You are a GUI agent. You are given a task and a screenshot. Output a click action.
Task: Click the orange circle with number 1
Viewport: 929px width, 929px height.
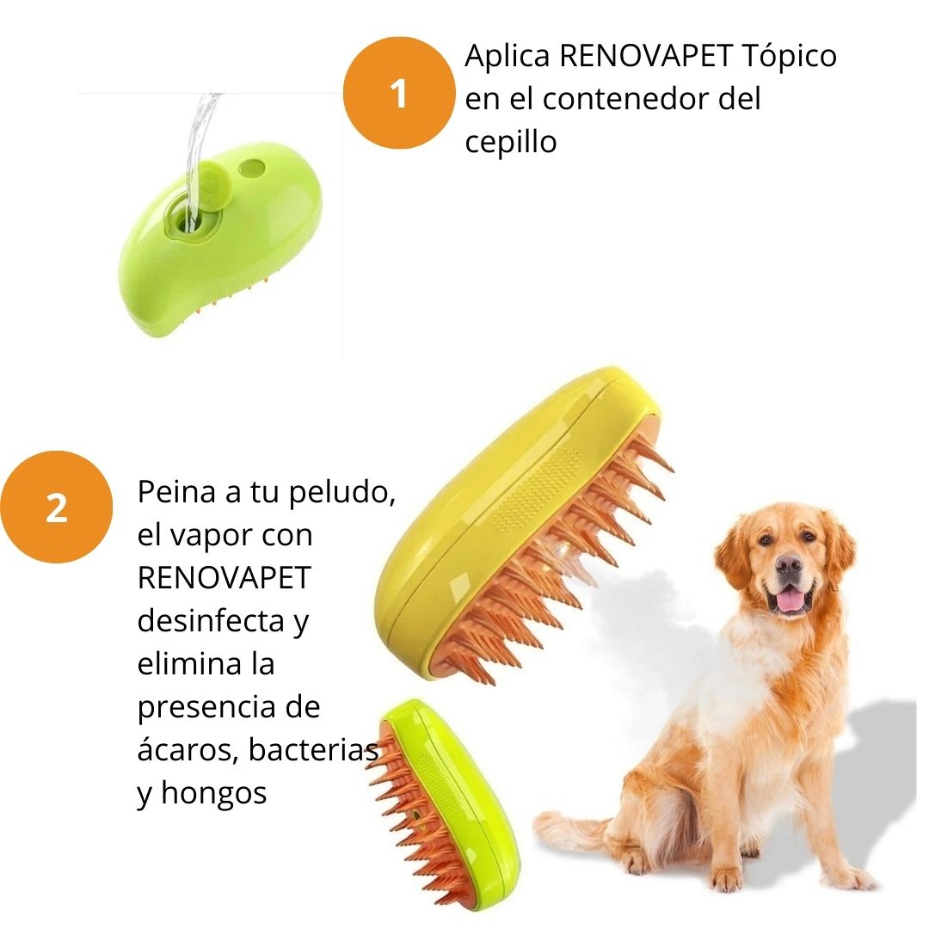[399, 92]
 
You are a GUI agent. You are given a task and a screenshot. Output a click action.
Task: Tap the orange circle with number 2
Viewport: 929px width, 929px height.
[56, 507]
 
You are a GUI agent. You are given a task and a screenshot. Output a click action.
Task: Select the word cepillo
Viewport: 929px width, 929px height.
[511, 142]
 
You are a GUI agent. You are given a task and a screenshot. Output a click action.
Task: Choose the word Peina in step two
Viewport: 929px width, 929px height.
[176, 492]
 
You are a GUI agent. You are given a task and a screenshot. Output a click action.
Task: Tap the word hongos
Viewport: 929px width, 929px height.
[214, 794]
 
